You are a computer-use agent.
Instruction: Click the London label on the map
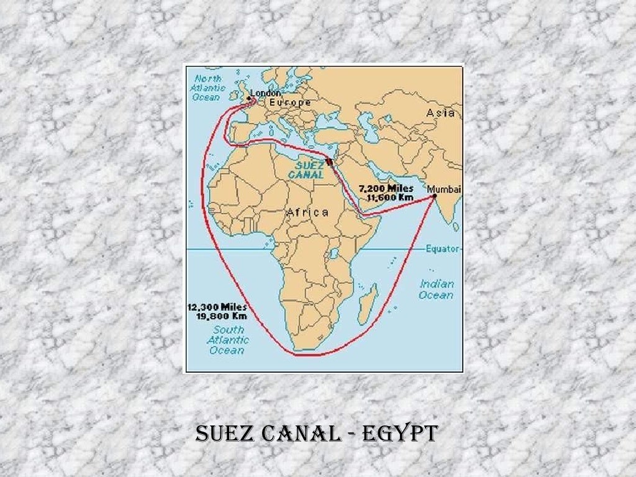266,93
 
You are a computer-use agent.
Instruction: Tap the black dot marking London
250,98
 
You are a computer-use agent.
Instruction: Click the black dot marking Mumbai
434,196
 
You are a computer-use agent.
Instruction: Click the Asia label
440,113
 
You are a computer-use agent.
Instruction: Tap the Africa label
307,213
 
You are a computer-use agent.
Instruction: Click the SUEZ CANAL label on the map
306,170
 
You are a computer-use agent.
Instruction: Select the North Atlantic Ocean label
209,88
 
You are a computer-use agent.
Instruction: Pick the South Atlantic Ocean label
228,340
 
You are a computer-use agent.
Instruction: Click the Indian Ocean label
437,289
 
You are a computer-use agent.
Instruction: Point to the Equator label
443,248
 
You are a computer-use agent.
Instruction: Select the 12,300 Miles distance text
217,307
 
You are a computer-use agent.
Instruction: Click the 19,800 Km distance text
217,316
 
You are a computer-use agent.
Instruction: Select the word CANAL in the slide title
302,433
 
